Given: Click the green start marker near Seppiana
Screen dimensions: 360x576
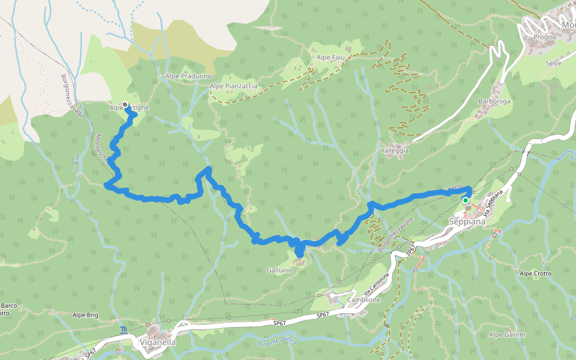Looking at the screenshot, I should [x=466, y=200].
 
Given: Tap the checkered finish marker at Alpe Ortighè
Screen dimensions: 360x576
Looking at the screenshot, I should [x=125, y=105].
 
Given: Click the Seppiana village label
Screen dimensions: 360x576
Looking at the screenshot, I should [x=467, y=221].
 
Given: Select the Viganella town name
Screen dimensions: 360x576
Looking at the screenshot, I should [x=157, y=343].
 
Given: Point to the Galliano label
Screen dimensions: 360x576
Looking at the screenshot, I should [x=279, y=271].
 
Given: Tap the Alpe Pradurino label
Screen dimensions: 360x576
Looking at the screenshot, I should [x=189, y=77].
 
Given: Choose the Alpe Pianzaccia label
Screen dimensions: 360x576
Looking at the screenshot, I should [x=233, y=86].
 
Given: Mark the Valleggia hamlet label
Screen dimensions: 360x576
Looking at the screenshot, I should [x=395, y=151].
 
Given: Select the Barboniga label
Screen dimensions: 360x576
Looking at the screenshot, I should [x=494, y=101].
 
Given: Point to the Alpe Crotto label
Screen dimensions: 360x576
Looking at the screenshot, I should [x=536, y=274].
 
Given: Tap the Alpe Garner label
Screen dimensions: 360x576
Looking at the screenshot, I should [x=508, y=334].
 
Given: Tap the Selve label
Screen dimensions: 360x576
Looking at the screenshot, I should [x=553, y=63].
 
